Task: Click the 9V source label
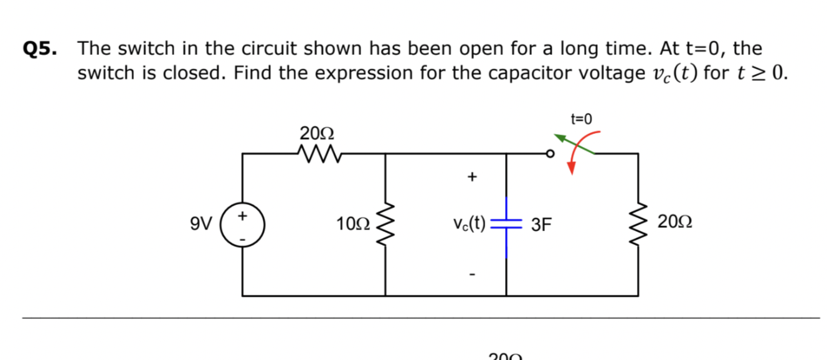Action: (202, 222)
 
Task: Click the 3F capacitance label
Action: (541, 224)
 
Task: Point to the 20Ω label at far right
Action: (675, 222)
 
